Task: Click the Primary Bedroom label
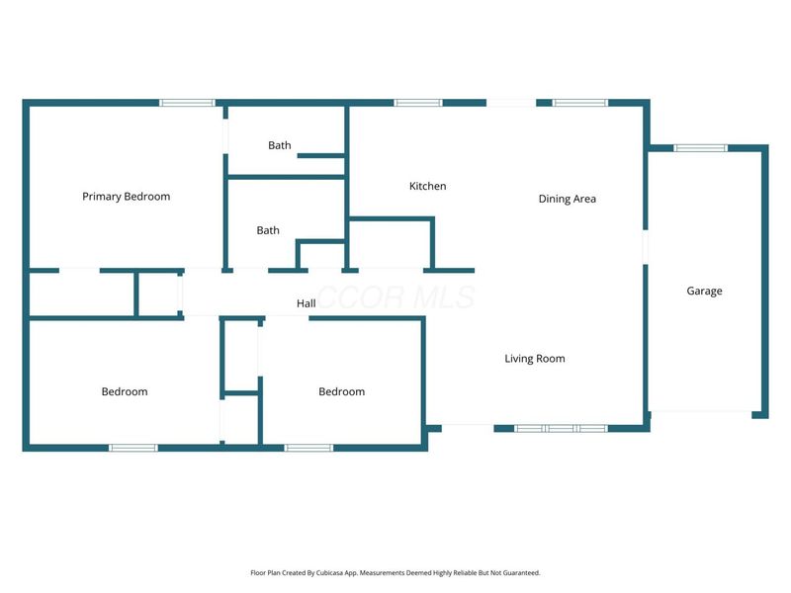pos(127,197)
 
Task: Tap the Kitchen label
pos(428,186)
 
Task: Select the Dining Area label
pos(567,199)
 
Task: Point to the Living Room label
pos(535,359)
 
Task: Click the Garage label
pos(704,291)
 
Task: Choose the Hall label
pos(307,303)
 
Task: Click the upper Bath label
pos(280,145)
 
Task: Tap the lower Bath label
pos(268,230)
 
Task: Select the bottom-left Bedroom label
pos(125,391)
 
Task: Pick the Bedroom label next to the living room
pos(341,391)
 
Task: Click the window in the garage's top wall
pos(701,147)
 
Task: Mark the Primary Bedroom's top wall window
pos(187,103)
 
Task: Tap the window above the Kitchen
pos(418,103)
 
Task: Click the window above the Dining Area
pos(580,103)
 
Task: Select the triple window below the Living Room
pos(561,429)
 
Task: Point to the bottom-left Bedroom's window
pos(133,448)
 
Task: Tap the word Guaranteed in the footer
pos(524,573)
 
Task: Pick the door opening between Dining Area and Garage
pos(646,247)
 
